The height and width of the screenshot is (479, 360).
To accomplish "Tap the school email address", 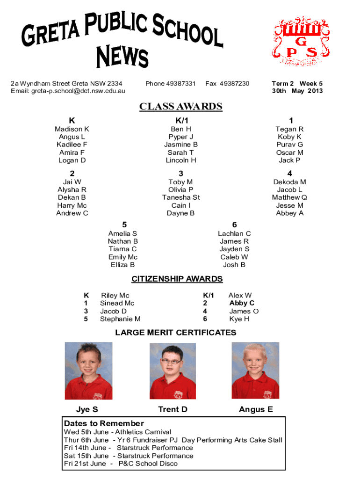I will pos(68,91).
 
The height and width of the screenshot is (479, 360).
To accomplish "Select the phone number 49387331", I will pos(170,84).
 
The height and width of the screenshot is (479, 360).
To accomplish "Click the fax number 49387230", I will pos(227,84).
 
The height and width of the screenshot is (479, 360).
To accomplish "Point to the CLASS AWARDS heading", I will pos(180,107).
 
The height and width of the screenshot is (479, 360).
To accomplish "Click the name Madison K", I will pos(72,129).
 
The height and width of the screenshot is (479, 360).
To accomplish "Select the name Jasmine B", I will pos(180,145).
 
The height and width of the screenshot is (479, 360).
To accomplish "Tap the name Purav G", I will pos(289,145).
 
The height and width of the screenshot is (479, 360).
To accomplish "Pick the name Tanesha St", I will pos(180,197).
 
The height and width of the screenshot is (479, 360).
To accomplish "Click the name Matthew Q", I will pos(289,197).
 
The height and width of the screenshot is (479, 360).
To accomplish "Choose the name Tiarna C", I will pos(122,249).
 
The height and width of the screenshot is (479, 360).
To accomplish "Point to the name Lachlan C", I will pos(234,233).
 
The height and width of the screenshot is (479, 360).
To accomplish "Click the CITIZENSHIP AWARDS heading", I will pos(177,279).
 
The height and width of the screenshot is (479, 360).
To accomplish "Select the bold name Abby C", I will pos(242,303).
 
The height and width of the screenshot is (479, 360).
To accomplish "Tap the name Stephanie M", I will pos(120,319).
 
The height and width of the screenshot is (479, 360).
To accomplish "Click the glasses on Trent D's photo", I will pos(172,361).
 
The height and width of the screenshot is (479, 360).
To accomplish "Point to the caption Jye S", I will pos(87,410).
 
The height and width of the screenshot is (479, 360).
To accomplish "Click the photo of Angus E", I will pos(255,370).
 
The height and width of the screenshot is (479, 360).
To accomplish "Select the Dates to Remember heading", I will pos(104,423).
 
